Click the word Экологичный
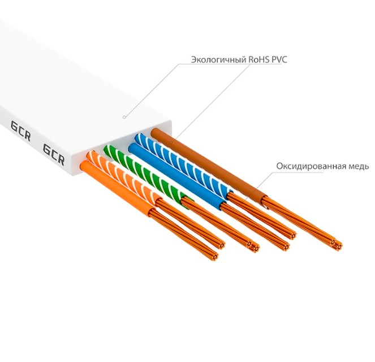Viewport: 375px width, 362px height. (212, 59)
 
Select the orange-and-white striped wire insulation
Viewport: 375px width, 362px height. (130, 181)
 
